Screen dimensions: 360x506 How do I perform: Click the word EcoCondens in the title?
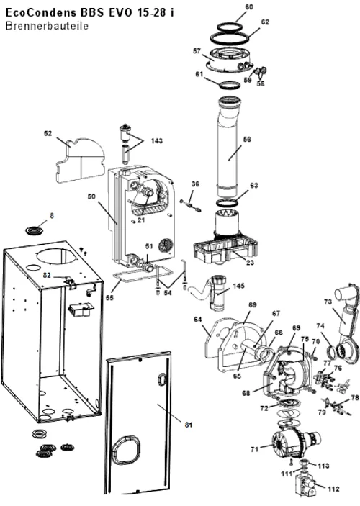point(41,12)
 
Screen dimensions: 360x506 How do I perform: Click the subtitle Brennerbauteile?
point(47,26)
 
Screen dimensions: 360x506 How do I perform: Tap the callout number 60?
point(249,6)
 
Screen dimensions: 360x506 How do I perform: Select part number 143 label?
point(156,140)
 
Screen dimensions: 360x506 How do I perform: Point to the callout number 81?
point(189,425)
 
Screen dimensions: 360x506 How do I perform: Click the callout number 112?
point(333,489)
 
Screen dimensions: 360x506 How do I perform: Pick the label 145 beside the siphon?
point(238,286)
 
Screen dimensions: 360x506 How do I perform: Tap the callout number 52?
point(48,134)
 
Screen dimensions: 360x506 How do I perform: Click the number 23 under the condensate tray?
point(250,263)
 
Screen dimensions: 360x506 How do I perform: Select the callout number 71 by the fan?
point(255,448)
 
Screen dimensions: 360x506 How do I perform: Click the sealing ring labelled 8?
point(35,231)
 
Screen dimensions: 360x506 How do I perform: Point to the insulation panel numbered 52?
point(80,161)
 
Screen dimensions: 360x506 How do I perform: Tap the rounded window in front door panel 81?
point(126,449)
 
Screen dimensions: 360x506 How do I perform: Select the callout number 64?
point(197,320)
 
